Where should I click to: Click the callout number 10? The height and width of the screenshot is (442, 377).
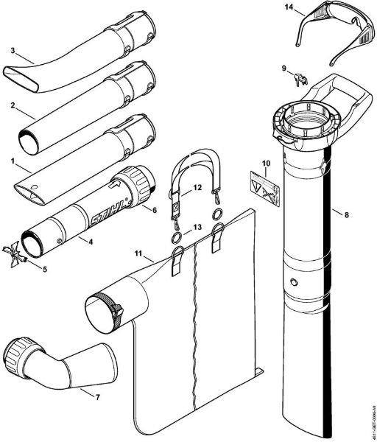pos(266,163)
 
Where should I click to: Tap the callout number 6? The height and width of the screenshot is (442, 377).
pos(155,211)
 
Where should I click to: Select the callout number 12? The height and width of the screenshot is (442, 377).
pos(197,189)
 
